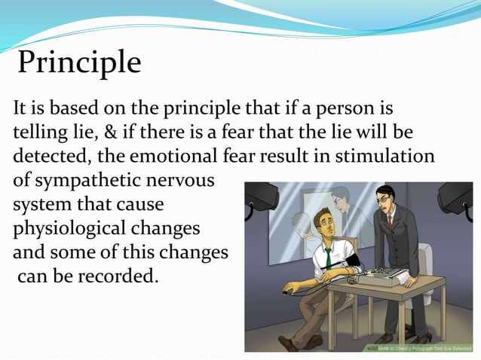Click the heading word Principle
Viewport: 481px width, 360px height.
click(x=79, y=63)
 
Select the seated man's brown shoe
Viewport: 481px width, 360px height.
click(x=290, y=343)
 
